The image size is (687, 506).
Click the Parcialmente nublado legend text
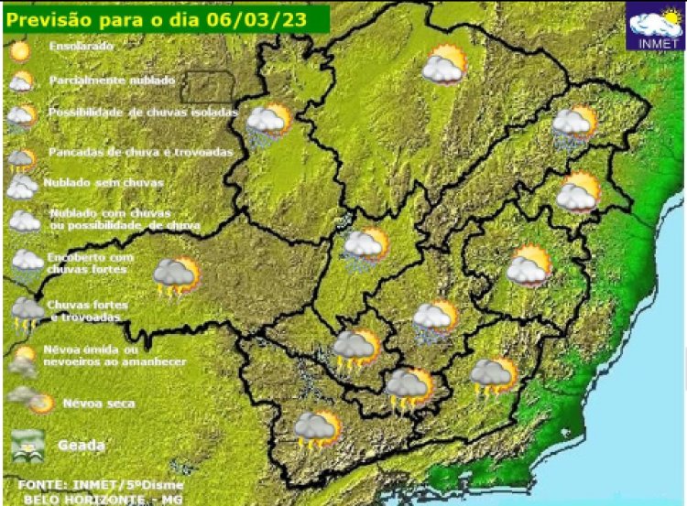coord(112,81)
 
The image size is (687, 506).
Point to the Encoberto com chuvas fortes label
coord(90,264)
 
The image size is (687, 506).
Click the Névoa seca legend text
coord(99,403)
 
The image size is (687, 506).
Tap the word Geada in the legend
coord(82,446)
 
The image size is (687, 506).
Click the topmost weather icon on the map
coord(445,65)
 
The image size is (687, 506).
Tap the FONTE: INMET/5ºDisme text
coord(101,484)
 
